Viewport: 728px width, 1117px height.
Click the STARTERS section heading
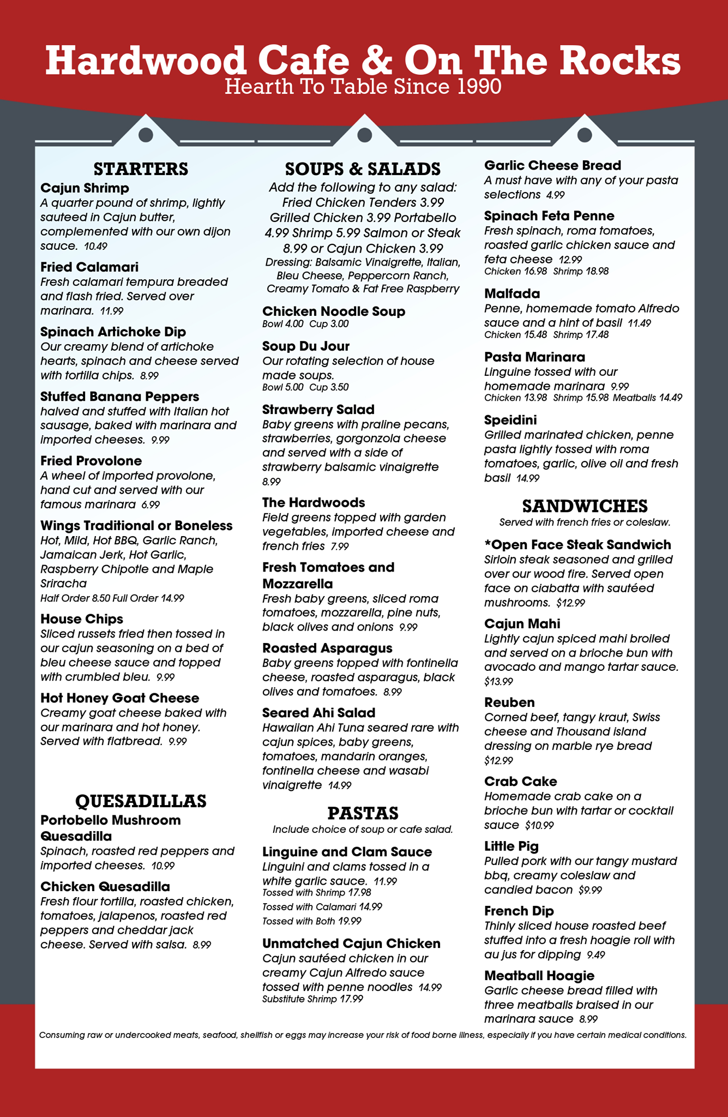coord(141,169)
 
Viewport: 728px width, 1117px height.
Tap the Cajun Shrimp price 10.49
coord(96,247)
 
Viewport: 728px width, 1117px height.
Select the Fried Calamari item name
coord(89,267)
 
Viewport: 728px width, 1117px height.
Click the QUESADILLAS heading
coord(141,801)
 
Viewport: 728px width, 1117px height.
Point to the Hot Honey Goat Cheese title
coord(120,698)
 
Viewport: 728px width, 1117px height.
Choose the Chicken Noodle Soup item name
coord(334,311)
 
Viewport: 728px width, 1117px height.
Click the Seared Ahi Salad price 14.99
coord(340,786)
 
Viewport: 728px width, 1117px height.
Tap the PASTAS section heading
coord(363,813)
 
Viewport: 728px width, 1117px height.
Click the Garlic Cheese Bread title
coord(553,165)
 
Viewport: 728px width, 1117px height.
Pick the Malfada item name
coord(512,294)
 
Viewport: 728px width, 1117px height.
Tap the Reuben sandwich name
coord(509,702)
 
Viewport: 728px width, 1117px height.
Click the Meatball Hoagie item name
coord(539,975)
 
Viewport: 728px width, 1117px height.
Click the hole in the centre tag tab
coord(364,135)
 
